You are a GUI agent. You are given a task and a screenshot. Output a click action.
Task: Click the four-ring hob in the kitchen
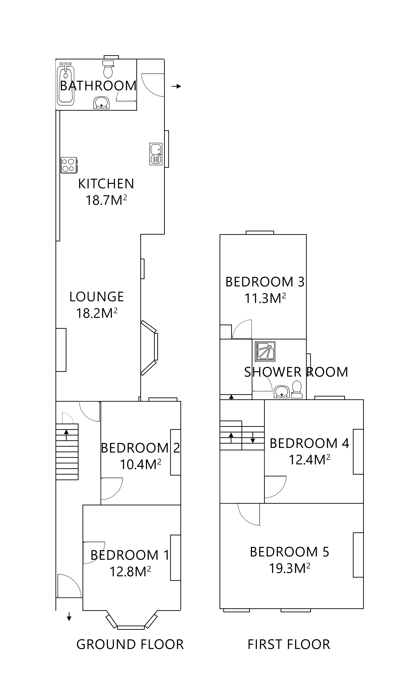click(x=69, y=165)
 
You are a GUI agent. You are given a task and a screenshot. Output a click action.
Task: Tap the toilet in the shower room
click(x=297, y=390)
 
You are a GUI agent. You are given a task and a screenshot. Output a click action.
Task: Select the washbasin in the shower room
click(x=282, y=391)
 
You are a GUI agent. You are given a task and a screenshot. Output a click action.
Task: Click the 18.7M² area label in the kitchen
click(x=106, y=200)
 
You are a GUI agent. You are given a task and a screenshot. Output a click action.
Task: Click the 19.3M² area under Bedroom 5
click(x=289, y=568)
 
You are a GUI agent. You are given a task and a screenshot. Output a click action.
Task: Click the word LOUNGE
click(x=96, y=297)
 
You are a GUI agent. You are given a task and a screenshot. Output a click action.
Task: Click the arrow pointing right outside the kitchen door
click(x=176, y=86)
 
